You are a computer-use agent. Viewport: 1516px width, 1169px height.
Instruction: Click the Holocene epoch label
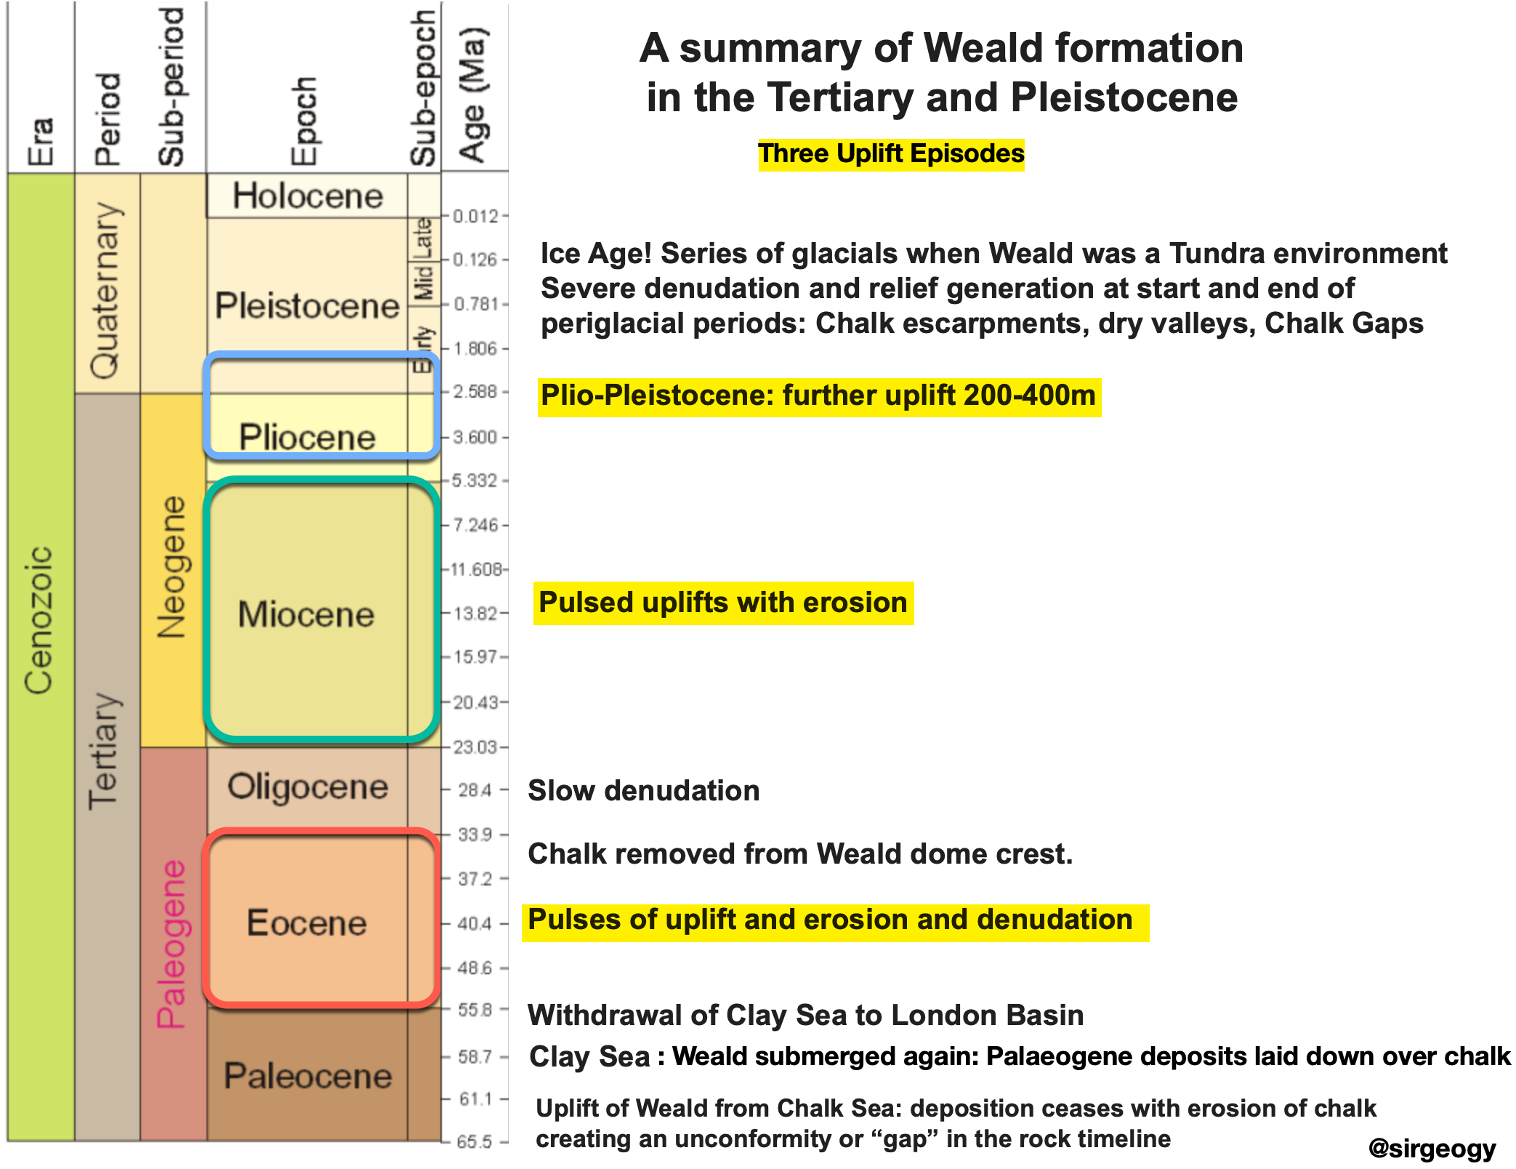click(307, 196)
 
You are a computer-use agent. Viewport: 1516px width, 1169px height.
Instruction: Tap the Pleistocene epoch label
click(307, 305)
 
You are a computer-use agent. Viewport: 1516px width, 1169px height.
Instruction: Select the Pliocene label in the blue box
click(307, 437)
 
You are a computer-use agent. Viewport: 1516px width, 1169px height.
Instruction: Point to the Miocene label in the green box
click(306, 614)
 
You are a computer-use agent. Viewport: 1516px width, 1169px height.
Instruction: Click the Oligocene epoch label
click(307, 787)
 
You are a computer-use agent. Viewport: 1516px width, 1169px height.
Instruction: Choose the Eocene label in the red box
click(307, 923)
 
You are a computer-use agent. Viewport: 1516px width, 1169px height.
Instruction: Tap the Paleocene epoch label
click(307, 1076)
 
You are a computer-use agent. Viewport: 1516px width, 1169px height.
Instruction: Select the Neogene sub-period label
click(172, 567)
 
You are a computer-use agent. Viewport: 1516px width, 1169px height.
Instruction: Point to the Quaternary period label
click(105, 291)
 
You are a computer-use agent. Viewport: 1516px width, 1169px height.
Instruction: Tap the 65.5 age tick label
click(475, 1142)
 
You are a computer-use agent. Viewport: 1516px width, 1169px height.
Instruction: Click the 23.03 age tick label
click(475, 747)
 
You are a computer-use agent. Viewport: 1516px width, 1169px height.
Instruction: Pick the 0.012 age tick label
click(476, 216)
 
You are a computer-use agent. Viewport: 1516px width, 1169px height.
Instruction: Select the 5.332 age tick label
click(475, 481)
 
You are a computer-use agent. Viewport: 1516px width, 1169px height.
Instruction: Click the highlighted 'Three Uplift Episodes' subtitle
click(891, 154)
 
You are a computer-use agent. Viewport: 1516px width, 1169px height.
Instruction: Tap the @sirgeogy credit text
click(1432, 1148)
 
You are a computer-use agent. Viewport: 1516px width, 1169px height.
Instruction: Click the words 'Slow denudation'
click(644, 790)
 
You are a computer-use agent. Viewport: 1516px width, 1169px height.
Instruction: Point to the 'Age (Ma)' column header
click(474, 95)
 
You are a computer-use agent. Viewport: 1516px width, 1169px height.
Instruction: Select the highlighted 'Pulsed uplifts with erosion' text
click(723, 603)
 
